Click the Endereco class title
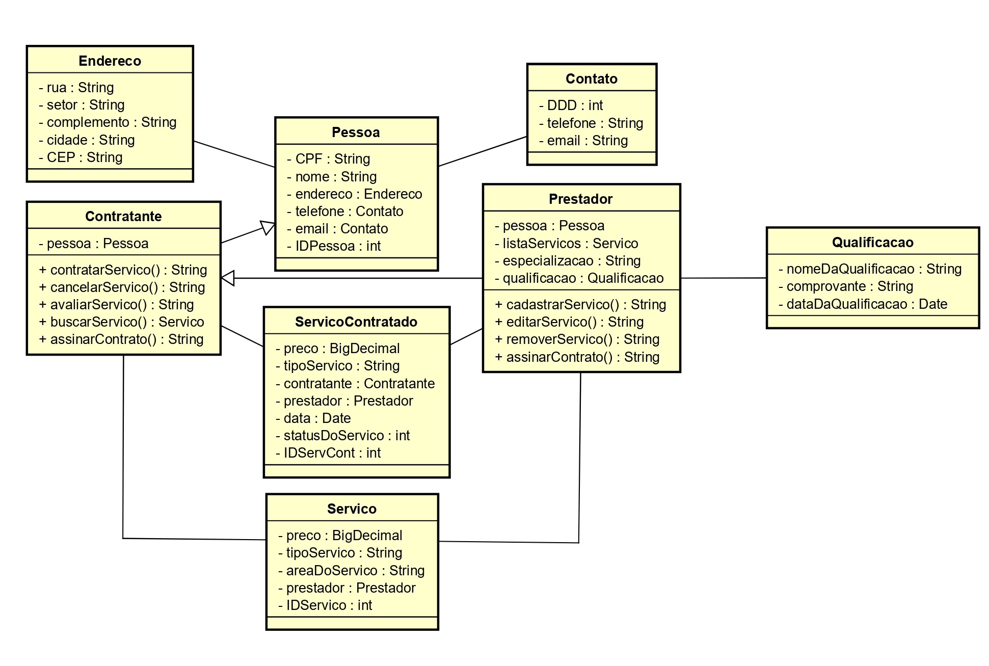point(110,61)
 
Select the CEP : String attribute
point(81,157)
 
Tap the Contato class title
point(591,79)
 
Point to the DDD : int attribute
point(571,105)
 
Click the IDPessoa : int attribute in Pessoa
point(334,246)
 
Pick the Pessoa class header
point(356,132)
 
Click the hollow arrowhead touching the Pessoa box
point(268,227)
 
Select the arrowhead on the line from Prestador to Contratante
point(228,278)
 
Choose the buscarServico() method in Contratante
point(121,322)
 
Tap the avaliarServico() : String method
point(116,305)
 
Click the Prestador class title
point(580,199)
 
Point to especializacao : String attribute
point(567,261)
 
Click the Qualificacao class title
point(872,243)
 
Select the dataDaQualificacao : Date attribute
point(862,304)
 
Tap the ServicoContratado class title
point(356,322)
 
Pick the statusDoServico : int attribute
point(342,436)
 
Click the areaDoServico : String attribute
point(351,571)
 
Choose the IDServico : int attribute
point(325,605)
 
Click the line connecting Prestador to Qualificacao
point(724,278)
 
